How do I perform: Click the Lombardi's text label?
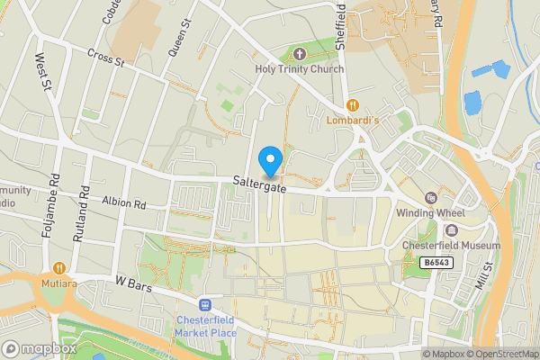tap(354, 119)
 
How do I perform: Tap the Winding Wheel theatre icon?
tap(429, 198)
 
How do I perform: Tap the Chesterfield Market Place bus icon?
tap(206, 306)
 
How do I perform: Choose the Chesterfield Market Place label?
tap(206, 328)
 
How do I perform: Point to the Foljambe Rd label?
tap(51, 207)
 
